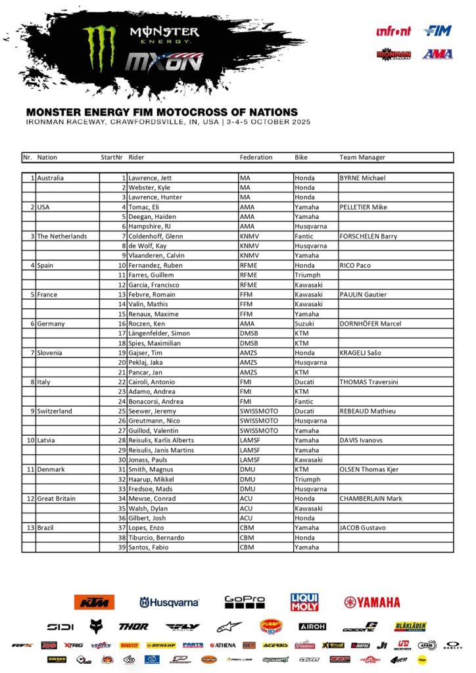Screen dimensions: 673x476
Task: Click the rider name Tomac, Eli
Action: [144, 207]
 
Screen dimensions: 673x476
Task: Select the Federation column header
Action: [256, 158]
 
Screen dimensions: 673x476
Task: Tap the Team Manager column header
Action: [362, 158]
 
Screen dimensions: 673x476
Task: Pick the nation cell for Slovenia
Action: [50, 353]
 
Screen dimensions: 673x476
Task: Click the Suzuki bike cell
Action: [304, 323]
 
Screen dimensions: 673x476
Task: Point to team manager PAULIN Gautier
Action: [363, 294]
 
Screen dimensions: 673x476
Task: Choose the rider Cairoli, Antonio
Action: [153, 382]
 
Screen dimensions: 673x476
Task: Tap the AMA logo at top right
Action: [437, 54]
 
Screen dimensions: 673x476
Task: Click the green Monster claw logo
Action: [99, 48]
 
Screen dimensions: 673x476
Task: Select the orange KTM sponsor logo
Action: [95, 601]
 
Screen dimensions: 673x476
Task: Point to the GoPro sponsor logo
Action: [245, 601]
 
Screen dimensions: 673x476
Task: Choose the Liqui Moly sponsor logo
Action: [304, 601]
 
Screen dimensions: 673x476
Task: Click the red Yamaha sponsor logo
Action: [372, 602]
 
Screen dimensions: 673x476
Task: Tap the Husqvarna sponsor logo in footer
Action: [169, 602]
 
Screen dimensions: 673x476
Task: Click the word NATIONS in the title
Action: [267, 112]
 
